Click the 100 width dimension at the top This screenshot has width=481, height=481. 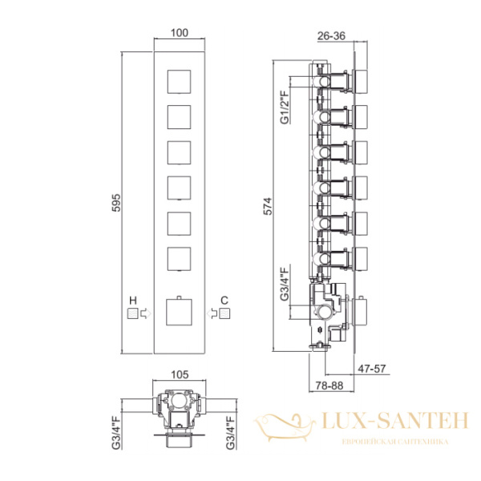click(x=180, y=33)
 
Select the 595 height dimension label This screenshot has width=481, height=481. click(x=116, y=203)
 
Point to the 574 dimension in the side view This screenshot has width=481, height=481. click(x=268, y=206)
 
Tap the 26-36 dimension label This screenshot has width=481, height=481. click(x=331, y=36)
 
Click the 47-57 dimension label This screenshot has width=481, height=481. click(x=372, y=369)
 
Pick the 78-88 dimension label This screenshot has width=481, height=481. click(x=329, y=386)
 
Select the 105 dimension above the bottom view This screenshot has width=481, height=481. click(x=180, y=374)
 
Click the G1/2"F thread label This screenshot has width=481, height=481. click(x=285, y=107)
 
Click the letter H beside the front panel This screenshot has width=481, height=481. click(x=133, y=301)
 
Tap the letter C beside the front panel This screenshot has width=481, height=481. click(x=224, y=301)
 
